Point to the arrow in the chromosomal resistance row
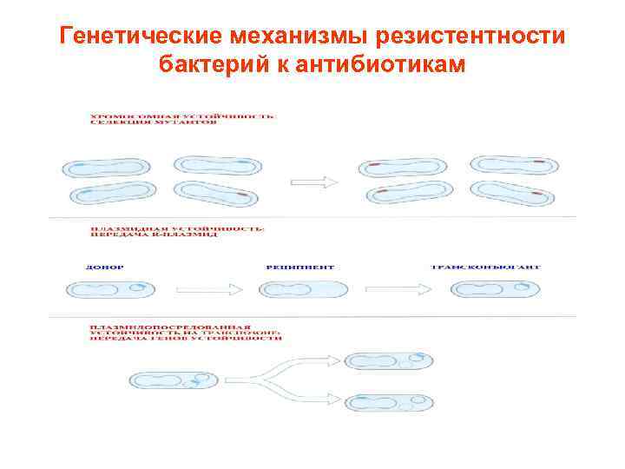coord(313,182)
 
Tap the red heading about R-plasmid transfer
coord(178,233)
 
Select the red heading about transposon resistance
coord(183,334)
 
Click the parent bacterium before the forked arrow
coord(173,380)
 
